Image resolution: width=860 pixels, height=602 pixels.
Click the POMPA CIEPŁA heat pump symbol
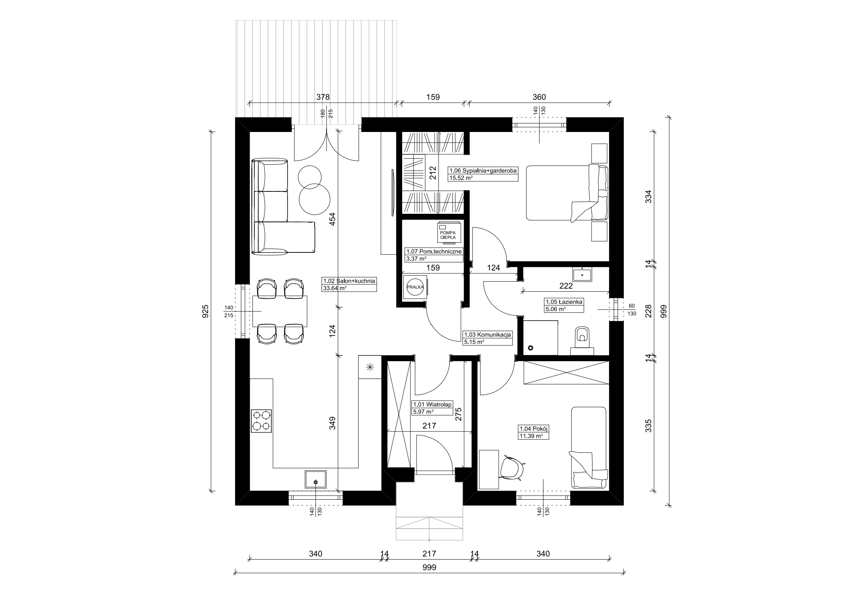point(448,232)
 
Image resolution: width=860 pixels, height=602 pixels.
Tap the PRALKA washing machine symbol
point(415,287)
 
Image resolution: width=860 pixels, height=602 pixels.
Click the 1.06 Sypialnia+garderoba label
point(482,174)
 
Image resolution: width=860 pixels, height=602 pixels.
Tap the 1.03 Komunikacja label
point(488,338)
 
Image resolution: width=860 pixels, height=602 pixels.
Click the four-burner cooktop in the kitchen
point(262,421)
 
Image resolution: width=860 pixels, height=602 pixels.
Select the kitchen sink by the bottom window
point(316,479)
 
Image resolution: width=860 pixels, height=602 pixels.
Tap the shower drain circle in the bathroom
point(530,348)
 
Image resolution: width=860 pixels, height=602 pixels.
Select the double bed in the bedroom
point(567,193)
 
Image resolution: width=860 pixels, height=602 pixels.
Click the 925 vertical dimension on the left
point(205,311)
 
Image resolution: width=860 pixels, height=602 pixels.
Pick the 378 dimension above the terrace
point(323,97)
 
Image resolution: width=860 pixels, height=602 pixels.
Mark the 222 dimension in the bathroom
point(566,286)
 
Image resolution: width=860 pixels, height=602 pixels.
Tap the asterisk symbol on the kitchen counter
point(370,367)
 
